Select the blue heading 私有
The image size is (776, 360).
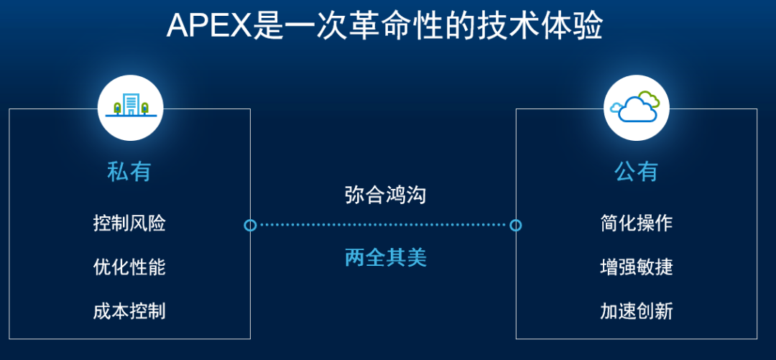129,172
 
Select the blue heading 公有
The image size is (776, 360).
637,172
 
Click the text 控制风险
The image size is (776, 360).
129,223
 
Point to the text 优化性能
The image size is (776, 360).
129,267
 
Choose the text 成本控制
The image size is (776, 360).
129,311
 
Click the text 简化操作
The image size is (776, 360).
637,223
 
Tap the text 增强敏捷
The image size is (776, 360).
637,267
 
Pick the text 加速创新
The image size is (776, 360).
637,311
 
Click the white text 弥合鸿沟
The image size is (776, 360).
386,195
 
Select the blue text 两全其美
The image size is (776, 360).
386,258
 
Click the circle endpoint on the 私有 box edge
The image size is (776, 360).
251,226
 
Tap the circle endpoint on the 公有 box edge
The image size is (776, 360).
516,226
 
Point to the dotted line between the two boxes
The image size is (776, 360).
383,226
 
